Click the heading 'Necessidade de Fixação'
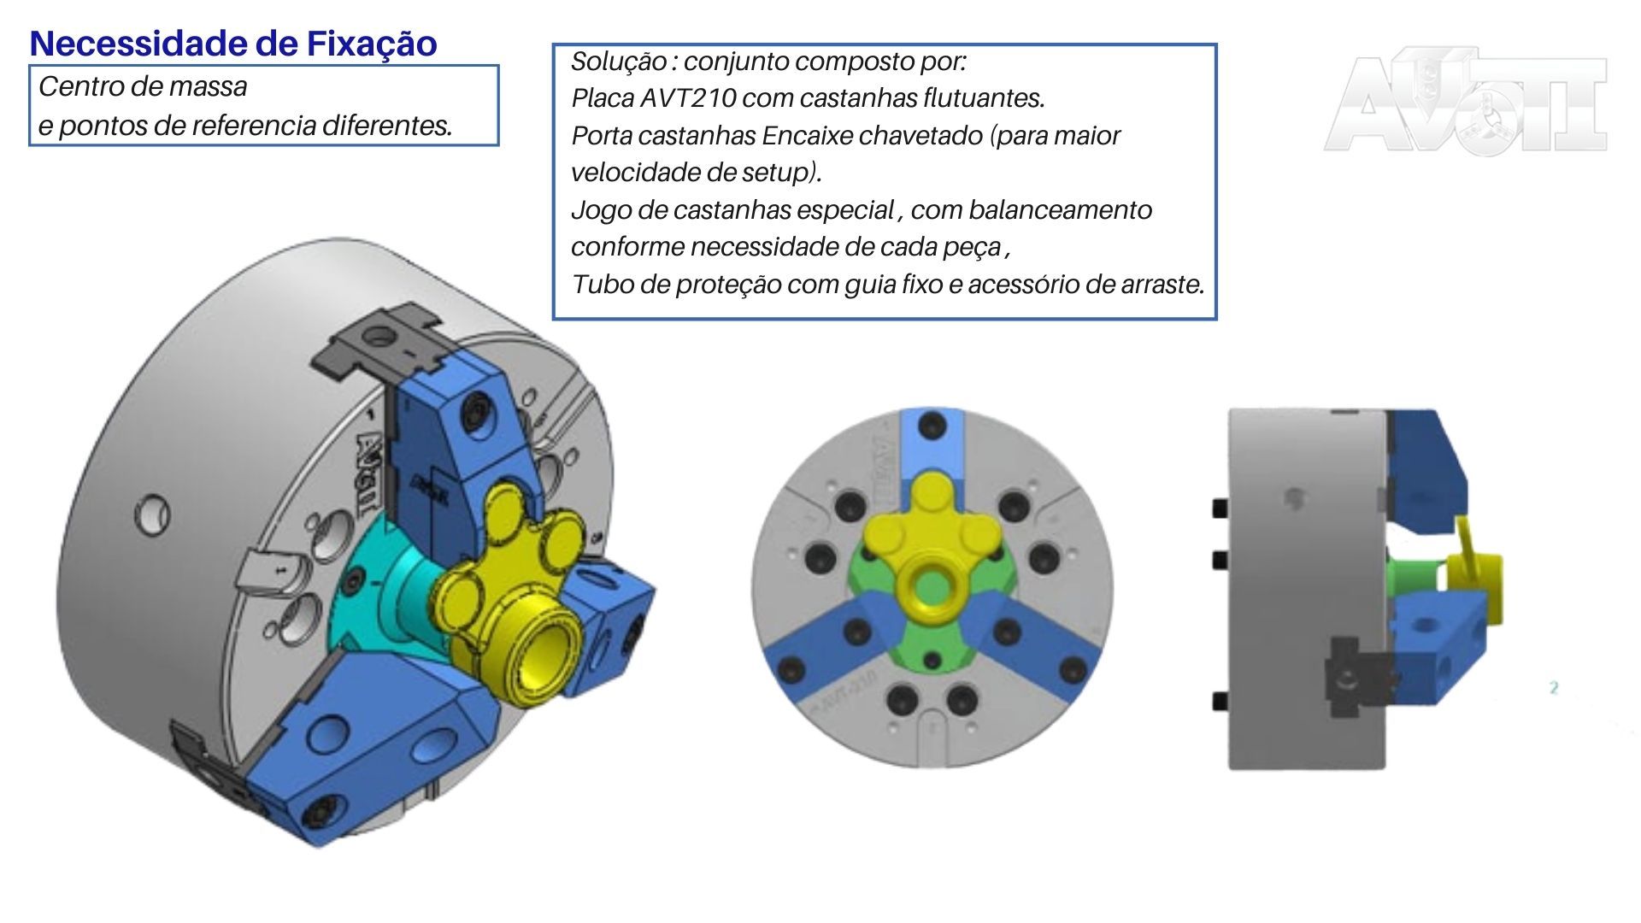(232, 44)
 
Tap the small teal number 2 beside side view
(1554, 687)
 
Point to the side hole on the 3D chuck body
(152, 515)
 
